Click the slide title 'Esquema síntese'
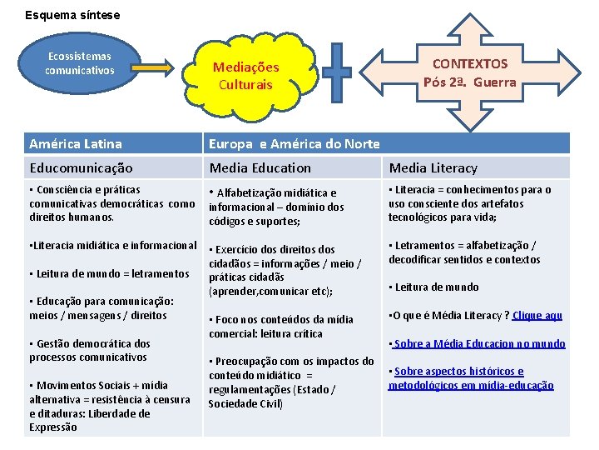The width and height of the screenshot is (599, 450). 72,15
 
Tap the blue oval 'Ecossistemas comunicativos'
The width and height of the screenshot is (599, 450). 79,64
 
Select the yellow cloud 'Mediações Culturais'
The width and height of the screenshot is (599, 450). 245,76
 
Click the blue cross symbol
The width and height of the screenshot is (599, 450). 337,72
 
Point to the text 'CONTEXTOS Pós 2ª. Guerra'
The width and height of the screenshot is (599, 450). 469,72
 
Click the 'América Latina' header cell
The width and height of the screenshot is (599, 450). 76,144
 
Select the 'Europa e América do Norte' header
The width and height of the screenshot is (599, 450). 295,144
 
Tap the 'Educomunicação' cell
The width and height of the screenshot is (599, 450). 80,167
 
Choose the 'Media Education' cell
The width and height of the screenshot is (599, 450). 260,167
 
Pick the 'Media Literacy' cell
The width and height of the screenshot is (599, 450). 433,167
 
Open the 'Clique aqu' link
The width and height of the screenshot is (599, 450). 537,315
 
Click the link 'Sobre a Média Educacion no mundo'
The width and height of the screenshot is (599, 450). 479,343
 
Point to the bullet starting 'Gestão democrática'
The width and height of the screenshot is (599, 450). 89,350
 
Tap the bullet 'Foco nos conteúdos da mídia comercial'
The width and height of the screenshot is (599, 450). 281,326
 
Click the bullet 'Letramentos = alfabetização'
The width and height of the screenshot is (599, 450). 465,252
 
